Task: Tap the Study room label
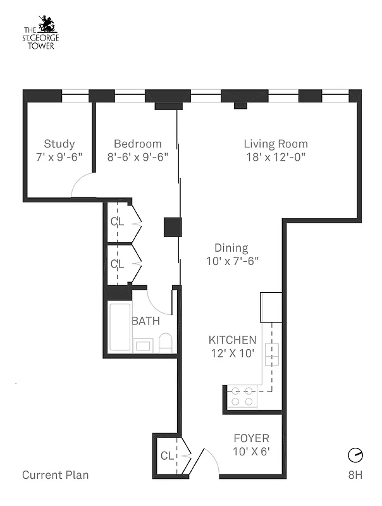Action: point(59,144)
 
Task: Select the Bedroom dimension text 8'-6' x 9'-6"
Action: point(138,156)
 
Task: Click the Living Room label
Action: point(275,144)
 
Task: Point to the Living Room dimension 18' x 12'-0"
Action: point(275,156)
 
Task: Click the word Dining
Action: point(231,248)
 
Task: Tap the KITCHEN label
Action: point(232,340)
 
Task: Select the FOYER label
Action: point(251,438)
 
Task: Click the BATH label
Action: point(145,321)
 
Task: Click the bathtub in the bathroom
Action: point(120,327)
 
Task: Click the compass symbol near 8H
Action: point(355,455)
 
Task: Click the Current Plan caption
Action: point(56,475)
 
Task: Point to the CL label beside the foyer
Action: point(167,455)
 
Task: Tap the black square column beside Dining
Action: point(173,227)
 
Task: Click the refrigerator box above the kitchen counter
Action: point(271,307)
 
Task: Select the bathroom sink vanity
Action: point(144,345)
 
